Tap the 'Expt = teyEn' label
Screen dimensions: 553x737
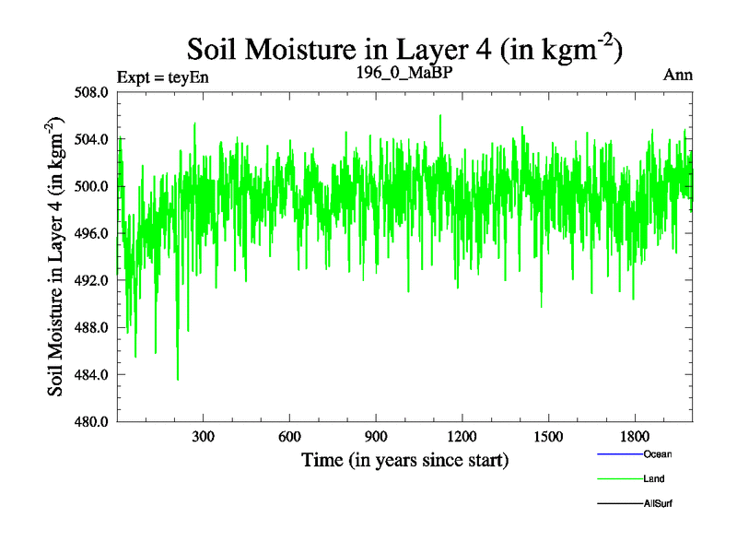(163, 76)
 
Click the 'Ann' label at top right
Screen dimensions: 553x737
(678, 75)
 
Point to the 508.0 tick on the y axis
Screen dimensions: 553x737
(94, 92)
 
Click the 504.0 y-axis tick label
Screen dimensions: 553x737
(94, 139)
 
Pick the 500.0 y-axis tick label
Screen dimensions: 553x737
(94, 186)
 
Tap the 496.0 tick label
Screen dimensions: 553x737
(94, 233)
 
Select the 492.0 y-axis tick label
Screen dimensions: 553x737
(94, 280)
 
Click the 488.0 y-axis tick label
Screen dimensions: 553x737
(94, 327)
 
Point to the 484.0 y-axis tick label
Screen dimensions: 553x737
(94, 374)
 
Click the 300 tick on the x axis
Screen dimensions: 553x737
(204, 437)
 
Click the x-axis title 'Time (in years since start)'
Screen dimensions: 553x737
(405, 459)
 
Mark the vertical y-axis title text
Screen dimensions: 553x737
(56, 256)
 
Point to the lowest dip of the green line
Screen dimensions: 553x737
(178, 379)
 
